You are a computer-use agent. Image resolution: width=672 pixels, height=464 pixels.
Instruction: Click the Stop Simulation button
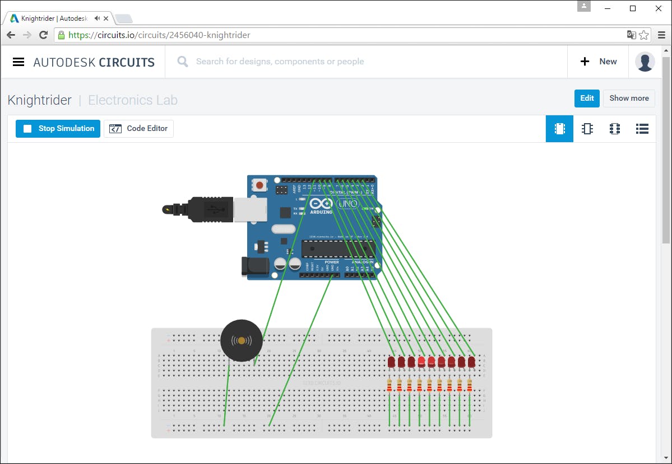pos(58,129)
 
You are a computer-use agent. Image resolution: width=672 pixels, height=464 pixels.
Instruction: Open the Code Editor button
pos(139,129)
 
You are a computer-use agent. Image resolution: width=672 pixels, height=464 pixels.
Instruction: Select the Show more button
pos(629,99)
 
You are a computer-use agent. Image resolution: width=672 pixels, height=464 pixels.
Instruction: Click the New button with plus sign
pos(599,62)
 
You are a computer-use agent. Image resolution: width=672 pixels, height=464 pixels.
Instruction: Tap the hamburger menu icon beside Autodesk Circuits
pos(18,62)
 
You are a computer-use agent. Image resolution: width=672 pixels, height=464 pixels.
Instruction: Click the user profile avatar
pos(645,62)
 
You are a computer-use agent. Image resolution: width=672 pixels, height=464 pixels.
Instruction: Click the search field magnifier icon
pos(183,62)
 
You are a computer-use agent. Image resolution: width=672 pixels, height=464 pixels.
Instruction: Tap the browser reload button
pos(43,35)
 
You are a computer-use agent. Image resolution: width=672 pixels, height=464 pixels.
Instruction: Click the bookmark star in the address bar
pos(644,35)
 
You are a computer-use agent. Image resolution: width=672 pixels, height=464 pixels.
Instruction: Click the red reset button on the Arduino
pos(259,185)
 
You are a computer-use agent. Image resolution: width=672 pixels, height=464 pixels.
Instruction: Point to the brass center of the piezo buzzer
pos(241,340)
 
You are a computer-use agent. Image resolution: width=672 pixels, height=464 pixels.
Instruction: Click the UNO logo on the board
pos(348,204)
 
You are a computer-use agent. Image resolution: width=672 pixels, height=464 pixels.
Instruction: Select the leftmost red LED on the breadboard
pos(391,362)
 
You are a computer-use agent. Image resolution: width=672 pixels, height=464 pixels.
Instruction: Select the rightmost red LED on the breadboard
pos(471,362)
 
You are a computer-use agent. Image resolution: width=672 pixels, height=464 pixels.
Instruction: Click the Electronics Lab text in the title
pos(133,100)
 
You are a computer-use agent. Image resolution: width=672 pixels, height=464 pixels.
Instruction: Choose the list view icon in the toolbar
pos(642,129)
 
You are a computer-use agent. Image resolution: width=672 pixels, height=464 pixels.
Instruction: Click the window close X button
pos(659,8)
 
